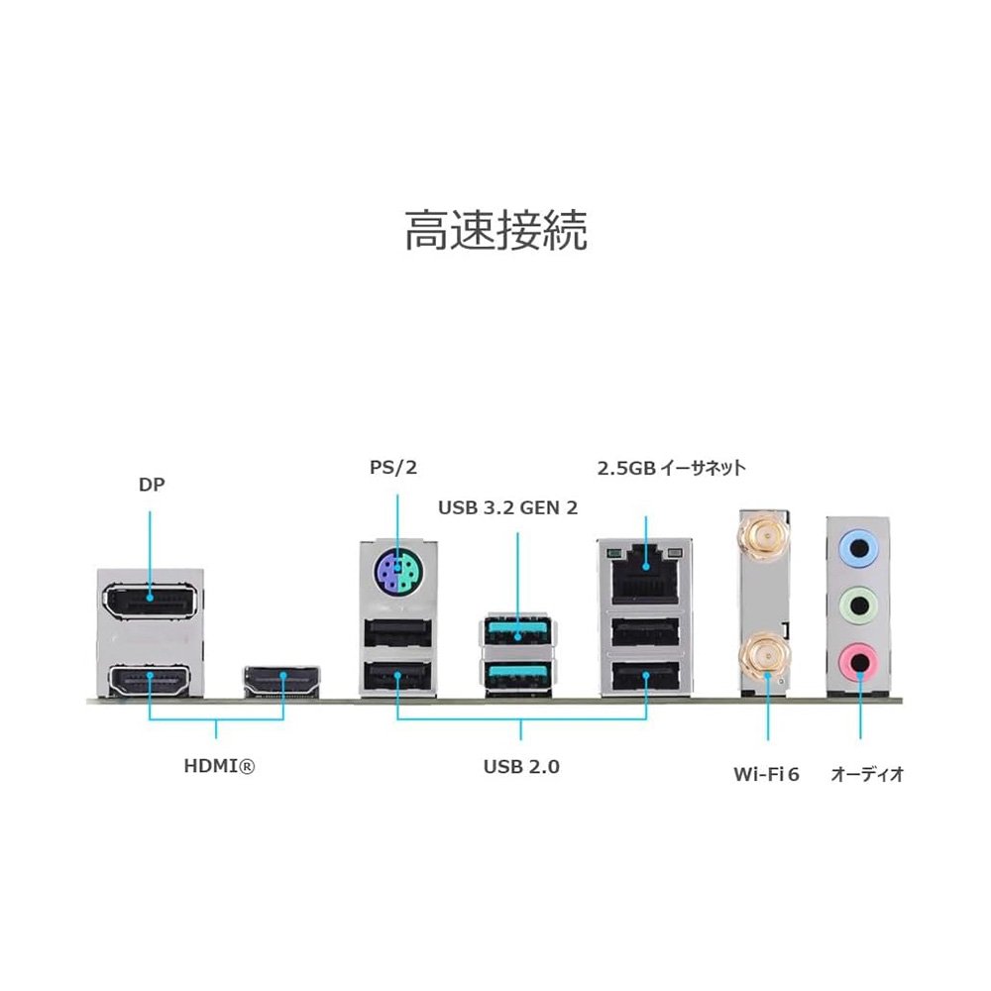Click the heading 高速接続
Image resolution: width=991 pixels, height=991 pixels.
point(495,230)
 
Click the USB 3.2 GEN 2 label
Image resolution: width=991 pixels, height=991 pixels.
point(507,507)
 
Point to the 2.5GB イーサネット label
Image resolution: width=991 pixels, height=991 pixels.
point(671,468)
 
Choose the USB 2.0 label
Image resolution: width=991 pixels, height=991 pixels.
point(521,766)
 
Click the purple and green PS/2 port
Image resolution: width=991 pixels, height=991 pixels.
point(397,571)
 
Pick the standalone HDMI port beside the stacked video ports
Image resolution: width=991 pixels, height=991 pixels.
point(281,681)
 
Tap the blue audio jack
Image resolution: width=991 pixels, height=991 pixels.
point(858,546)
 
